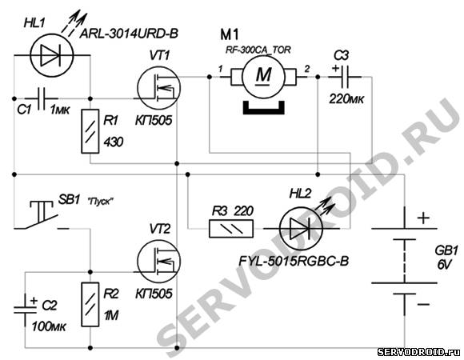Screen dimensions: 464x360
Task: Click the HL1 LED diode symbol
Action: point(52,55)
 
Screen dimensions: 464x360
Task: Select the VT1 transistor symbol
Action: point(158,87)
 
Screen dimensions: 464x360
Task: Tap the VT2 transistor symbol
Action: point(158,261)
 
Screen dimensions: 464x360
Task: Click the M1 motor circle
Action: point(263,77)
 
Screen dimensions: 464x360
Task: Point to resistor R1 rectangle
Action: point(90,131)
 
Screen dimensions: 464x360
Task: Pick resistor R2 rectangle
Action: point(90,304)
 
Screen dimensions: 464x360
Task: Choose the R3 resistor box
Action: point(231,228)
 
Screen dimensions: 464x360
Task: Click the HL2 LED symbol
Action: point(301,228)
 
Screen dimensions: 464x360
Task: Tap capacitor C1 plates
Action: point(42,98)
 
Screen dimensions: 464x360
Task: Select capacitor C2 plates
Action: point(25,310)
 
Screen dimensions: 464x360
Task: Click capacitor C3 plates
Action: point(345,77)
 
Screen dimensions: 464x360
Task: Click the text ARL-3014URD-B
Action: point(129,34)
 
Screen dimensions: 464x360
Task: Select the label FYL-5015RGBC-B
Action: point(294,261)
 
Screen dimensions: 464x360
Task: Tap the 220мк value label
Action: point(346,98)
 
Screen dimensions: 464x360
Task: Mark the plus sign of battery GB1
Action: point(423,218)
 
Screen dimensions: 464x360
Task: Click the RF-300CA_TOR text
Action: point(258,50)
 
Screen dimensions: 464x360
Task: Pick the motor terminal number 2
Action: point(307,69)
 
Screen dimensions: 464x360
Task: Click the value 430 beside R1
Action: point(114,142)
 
